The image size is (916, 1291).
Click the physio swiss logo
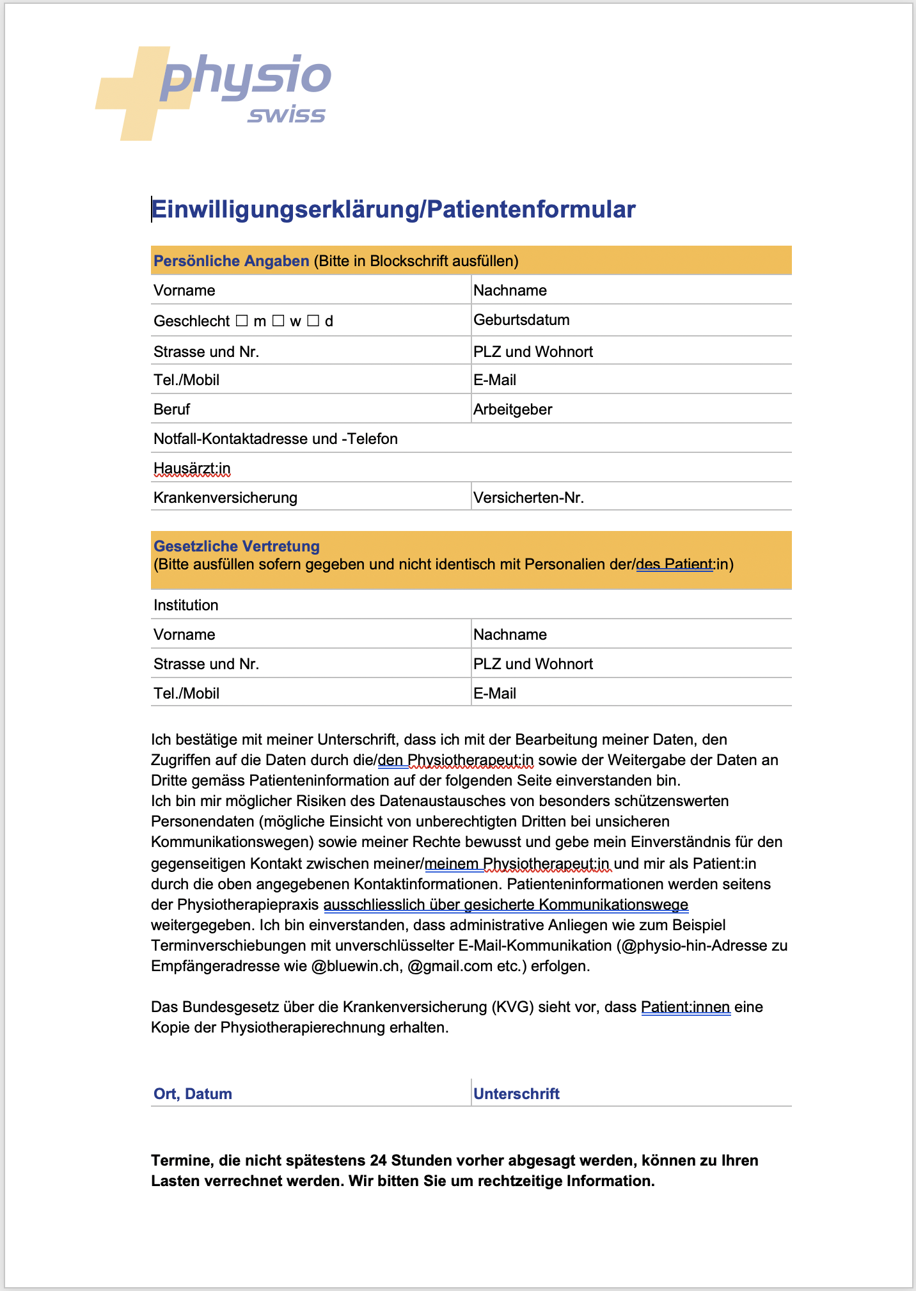tap(214, 92)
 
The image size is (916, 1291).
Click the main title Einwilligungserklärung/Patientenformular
tap(393, 210)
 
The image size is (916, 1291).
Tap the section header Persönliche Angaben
tap(231, 261)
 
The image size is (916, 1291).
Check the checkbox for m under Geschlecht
tap(242, 321)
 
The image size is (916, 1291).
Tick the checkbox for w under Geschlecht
tap(278, 321)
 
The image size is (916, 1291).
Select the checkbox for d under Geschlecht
tap(313, 321)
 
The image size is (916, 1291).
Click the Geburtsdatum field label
tap(521, 320)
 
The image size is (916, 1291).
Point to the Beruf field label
tap(171, 409)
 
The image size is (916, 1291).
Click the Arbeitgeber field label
tap(512, 409)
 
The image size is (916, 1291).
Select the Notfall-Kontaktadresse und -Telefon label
tap(276, 439)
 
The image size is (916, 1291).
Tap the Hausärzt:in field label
tap(192, 469)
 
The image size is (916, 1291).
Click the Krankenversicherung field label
tap(225, 498)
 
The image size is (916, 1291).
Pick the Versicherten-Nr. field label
tap(528, 498)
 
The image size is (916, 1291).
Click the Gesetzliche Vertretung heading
tap(237, 546)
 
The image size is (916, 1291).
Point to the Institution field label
tap(186, 605)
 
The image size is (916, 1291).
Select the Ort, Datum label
tap(193, 1094)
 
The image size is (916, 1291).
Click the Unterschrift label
tap(516, 1094)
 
